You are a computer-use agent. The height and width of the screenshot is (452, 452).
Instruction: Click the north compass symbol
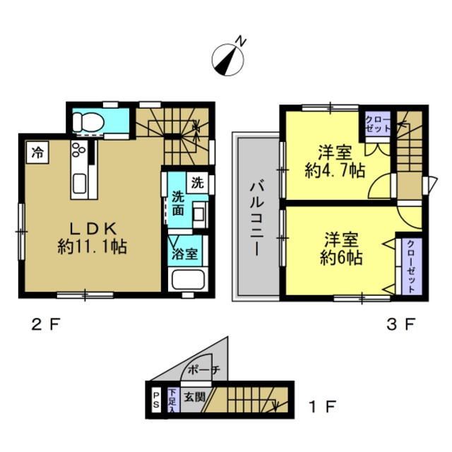click(x=230, y=56)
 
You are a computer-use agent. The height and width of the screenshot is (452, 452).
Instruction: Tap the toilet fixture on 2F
click(x=89, y=121)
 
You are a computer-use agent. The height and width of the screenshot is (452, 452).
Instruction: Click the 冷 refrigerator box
click(x=36, y=151)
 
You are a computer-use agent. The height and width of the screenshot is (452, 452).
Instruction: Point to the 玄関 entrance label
click(x=194, y=398)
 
